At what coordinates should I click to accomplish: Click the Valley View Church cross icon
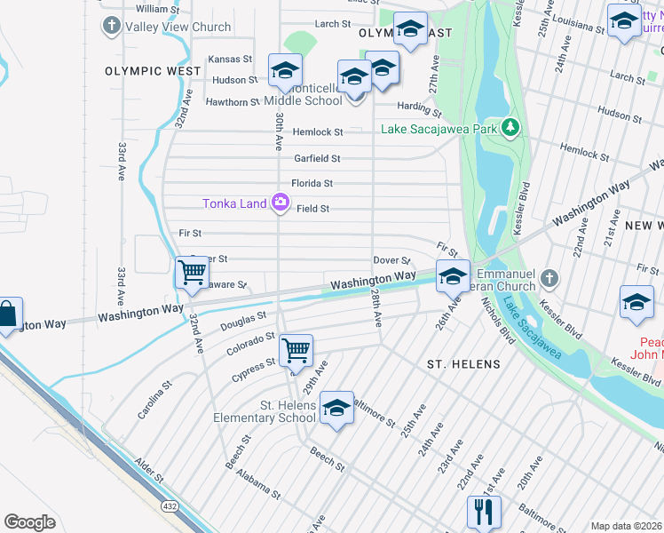pyautogui.click(x=112, y=26)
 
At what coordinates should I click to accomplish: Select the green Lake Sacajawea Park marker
pyautogui.click(x=510, y=129)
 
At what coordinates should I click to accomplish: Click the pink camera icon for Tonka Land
pyautogui.click(x=281, y=203)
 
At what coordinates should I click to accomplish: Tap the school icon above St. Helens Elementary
pyautogui.click(x=336, y=408)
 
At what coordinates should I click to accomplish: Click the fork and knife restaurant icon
pyautogui.click(x=484, y=512)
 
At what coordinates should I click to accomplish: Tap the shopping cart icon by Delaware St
pyautogui.click(x=192, y=272)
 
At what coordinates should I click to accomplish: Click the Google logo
pyautogui.click(x=29, y=522)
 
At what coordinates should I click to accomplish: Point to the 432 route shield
pyautogui.click(x=169, y=506)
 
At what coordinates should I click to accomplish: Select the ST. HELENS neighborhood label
pyautogui.click(x=463, y=364)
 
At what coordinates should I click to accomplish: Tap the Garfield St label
pyautogui.click(x=317, y=158)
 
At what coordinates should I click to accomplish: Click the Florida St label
pyautogui.click(x=312, y=183)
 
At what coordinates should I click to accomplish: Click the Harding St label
pyautogui.click(x=419, y=109)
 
